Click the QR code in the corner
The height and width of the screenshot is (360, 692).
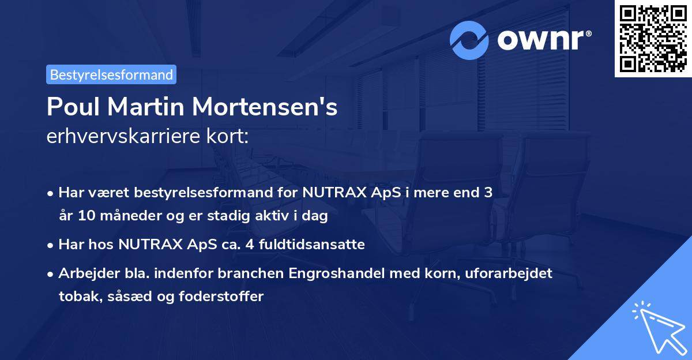pyautogui.click(x=653, y=38)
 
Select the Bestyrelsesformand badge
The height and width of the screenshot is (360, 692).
pyautogui.click(x=111, y=74)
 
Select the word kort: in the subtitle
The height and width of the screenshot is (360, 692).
pyautogui.click(x=230, y=137)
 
